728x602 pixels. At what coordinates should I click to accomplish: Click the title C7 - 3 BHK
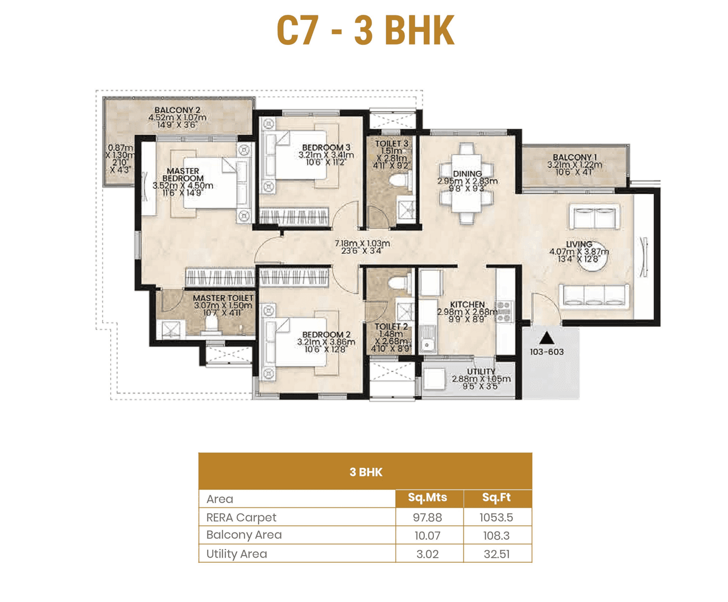(365, 30)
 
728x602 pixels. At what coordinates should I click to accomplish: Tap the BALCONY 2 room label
(177, 110)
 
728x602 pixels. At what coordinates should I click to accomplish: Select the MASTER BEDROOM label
(183, 175)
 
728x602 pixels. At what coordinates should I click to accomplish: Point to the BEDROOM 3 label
(326, 147)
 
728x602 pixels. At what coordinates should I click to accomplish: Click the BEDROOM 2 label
(326, 335)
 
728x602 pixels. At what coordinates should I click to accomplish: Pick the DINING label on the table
(467, 174)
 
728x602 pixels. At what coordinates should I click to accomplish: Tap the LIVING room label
(579, 244)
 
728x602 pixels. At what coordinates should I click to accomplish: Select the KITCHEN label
(467, 304)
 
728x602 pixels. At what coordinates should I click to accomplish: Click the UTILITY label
(481, 372)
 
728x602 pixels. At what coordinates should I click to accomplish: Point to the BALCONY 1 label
(574, 157)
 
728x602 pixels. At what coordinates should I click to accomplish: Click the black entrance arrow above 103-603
(547, 339)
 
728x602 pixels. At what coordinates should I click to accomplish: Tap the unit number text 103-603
(547, 352)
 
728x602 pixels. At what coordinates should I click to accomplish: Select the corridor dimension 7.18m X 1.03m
(362, 244)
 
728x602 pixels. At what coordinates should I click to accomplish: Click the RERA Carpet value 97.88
(427, 517)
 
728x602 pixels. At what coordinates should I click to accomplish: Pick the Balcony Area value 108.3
(496, 535)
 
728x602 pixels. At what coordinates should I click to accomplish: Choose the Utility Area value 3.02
(427, 554)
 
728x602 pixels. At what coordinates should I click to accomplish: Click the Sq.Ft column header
(496, 498)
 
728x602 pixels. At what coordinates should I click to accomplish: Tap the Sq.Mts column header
(427, 498)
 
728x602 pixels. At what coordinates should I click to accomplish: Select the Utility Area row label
(237, 554)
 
